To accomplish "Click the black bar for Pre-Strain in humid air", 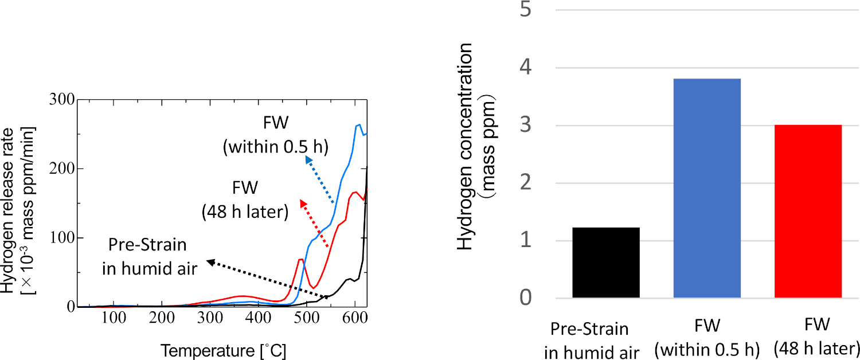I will pyautogui.click(x=606, y=263).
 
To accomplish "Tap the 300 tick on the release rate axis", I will pyautogui.click(x=62, y=100).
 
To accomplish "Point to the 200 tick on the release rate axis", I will pyautogui.click(x=62, y=169).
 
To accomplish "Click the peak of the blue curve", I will pyautogui.click(x=359, y=124).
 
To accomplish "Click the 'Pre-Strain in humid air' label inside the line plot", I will pyautogui.click(x=148, y=256).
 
